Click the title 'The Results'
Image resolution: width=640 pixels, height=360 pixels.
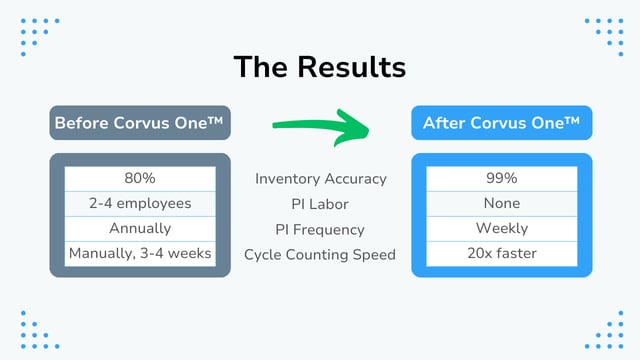[319, 67]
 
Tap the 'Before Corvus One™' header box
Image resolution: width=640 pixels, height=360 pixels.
[140, 123]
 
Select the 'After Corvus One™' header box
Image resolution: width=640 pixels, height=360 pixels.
[501, 123]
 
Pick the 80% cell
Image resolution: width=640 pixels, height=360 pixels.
[140, 178]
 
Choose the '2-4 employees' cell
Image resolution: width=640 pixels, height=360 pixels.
[140, 203]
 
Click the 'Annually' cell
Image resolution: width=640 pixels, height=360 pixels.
[140, 228]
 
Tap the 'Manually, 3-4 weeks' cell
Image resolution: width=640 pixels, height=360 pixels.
[140, 253]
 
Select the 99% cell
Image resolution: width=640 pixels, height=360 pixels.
[501, 178]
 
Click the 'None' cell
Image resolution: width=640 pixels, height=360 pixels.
[501, 203]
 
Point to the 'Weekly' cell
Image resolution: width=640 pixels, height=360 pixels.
[501, 228]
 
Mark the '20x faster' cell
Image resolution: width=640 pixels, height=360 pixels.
[501, 253]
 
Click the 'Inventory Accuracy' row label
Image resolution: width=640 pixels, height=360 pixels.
[320, 179]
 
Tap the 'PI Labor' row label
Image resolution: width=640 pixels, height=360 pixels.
[320, 204]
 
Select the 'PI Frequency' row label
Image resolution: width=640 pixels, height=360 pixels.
[320, 229]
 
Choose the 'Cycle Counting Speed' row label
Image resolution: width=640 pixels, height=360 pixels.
[320, 254]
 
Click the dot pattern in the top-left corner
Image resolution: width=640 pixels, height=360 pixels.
[39, 36]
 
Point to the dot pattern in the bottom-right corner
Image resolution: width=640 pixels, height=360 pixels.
[603, 327]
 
